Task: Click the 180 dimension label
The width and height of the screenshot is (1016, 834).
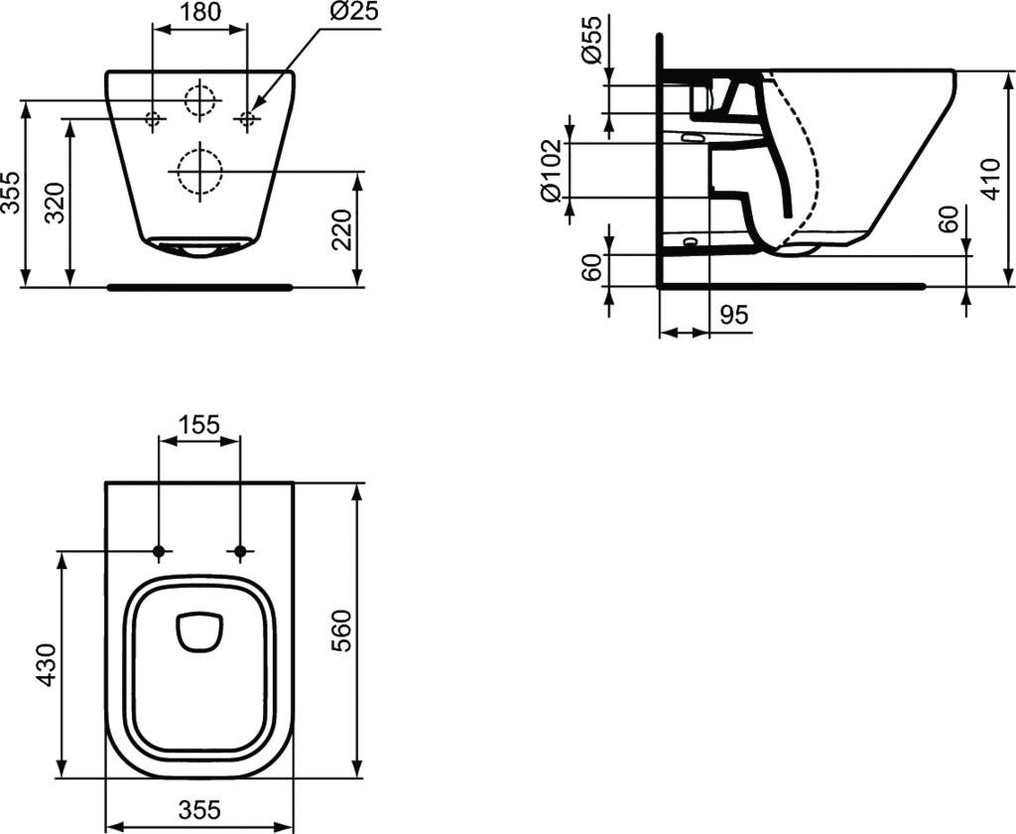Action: click(x=199, y=12)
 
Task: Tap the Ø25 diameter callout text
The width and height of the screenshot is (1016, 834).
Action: click(x=354, y=11)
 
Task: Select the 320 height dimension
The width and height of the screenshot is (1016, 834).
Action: click(x=56, y=203)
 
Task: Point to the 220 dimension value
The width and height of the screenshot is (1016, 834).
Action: click(x=341, y=229)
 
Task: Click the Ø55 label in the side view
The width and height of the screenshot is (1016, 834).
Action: click(x=592, y=40)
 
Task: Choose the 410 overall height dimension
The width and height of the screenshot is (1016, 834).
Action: click(x=991, y=179)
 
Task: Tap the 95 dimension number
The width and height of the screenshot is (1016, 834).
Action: click(x=734, y=315)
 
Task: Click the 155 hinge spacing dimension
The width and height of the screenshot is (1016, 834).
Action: click(x=198, y=425)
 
